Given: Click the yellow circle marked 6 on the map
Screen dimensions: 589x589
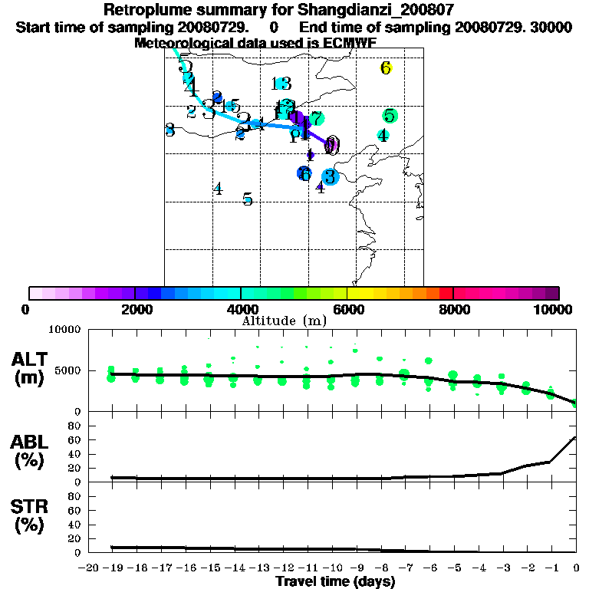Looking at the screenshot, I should pos(386,68).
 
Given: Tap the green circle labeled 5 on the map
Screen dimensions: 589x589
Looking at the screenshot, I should pos(390,117).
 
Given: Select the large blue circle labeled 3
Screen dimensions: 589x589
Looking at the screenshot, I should pos(330,177).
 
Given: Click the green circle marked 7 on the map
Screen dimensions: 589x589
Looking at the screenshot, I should pos(315,119).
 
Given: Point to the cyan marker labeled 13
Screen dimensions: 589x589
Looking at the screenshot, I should pos(281,84).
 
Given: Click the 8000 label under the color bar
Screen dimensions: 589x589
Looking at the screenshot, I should pos(454,310).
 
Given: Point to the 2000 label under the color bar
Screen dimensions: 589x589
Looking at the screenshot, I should pos(135,310).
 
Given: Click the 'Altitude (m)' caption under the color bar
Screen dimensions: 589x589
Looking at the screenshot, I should pos(284,321).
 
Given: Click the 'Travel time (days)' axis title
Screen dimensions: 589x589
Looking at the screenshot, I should pos(335,581).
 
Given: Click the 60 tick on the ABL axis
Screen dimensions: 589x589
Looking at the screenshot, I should pos(76,439).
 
